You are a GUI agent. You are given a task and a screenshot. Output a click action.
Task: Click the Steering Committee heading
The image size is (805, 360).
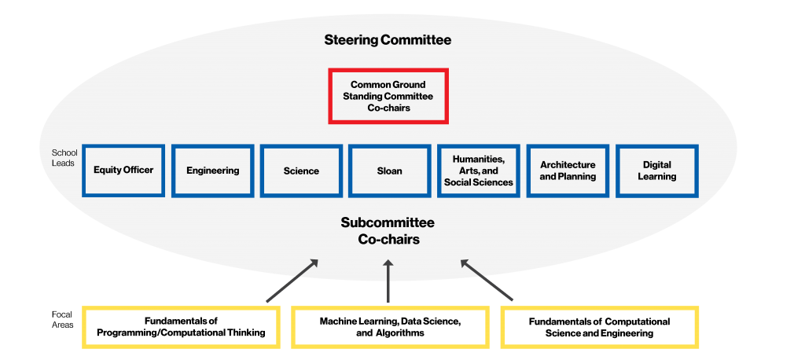pos(388,39)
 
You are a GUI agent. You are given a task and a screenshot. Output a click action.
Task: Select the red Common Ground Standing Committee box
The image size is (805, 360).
pos(388,96)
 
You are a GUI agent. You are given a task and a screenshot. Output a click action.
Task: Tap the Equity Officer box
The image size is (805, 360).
pos(123,171)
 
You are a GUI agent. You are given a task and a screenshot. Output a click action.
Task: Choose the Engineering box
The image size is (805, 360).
pos(212,171)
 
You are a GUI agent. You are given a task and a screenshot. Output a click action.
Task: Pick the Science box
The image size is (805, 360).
pos(302,171)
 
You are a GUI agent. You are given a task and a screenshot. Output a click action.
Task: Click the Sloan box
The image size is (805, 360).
pos(390,171)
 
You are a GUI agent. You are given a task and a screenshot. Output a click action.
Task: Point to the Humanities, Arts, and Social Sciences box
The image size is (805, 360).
pos(479,171)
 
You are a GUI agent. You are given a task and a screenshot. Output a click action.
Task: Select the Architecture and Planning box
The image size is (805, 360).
pos(568,171)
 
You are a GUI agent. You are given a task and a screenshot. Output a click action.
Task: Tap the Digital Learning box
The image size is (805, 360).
pos(656,171)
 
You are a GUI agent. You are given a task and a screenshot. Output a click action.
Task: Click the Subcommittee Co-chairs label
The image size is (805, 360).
pos(388,231)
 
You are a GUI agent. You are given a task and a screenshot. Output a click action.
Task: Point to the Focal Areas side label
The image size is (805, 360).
pos(62,319)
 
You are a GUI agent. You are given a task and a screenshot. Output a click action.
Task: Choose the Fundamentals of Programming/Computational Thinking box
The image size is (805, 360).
pos(181,327)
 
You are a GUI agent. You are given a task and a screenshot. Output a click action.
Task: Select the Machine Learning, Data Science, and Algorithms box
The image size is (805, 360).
pos(390,327)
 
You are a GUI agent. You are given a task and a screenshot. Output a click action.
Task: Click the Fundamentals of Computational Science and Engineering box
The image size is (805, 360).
pos(599,327)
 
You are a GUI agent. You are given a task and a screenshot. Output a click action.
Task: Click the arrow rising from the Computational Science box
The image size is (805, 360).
pos(487,281)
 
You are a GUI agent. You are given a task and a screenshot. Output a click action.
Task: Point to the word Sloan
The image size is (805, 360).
pos(390,171)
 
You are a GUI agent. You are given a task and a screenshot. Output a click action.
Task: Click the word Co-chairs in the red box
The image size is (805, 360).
pos(388,108)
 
